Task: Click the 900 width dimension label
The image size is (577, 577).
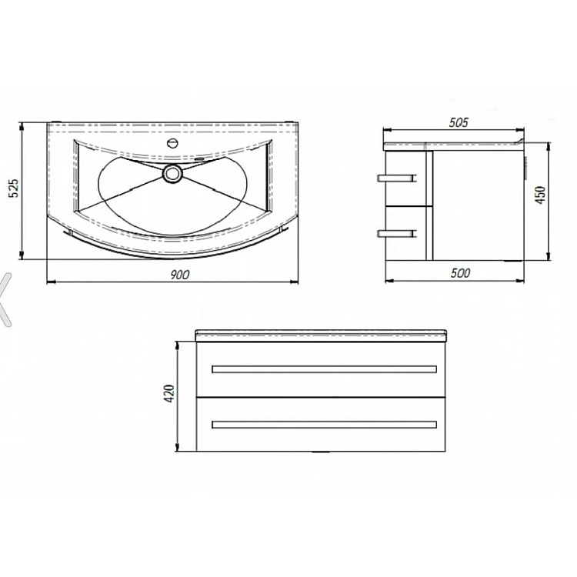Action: point(180,274)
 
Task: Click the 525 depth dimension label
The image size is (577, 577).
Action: point(13,188)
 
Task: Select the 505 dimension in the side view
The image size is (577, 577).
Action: point(459,122)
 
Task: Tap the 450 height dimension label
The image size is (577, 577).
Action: point(540,195)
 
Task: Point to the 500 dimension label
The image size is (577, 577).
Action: point(460,272)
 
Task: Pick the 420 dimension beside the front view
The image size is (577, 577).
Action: point(169,393)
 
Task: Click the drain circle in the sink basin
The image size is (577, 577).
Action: point(172,173)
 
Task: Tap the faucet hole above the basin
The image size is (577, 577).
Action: point(172,143)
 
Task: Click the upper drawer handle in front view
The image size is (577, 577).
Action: point(324,369)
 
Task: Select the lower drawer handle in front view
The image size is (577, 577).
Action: point(324,425)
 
